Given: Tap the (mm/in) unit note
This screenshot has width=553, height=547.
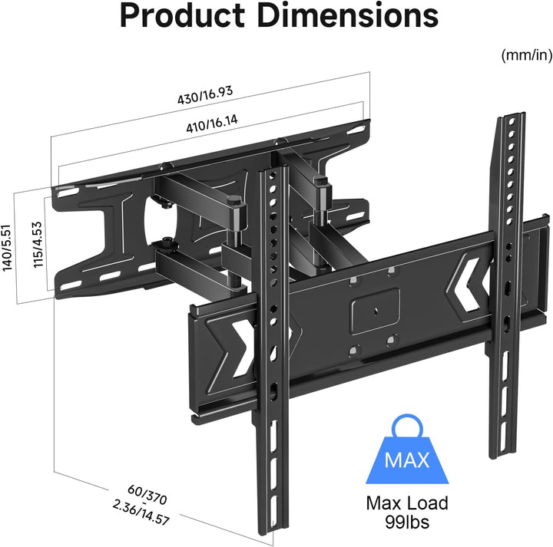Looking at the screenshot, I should click(x=525, y=55).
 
